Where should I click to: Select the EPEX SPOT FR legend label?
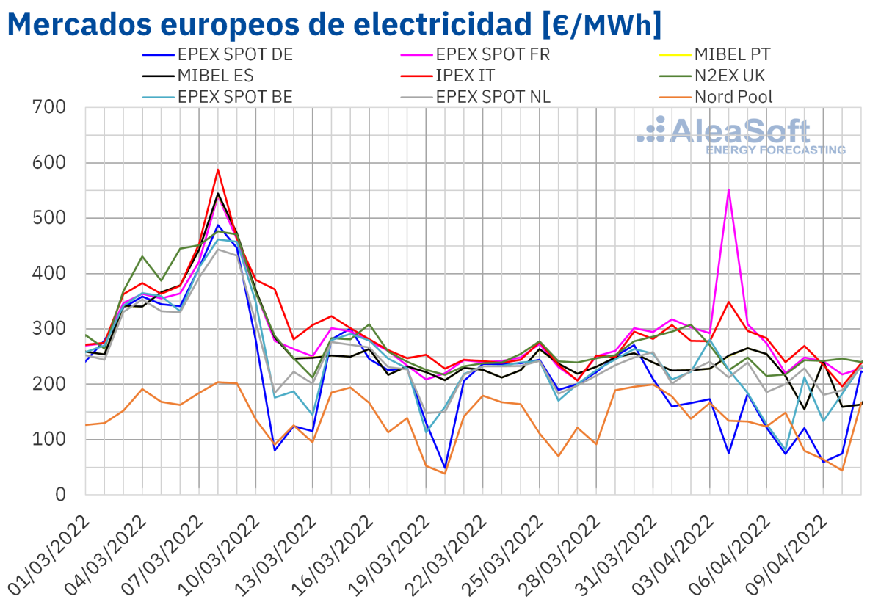[493, 54]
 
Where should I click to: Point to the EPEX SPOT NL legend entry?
[493, 96]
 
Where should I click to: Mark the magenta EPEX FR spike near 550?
[728, 189]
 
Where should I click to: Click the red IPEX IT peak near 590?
[218, 170]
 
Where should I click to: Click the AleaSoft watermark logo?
[742, 134]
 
